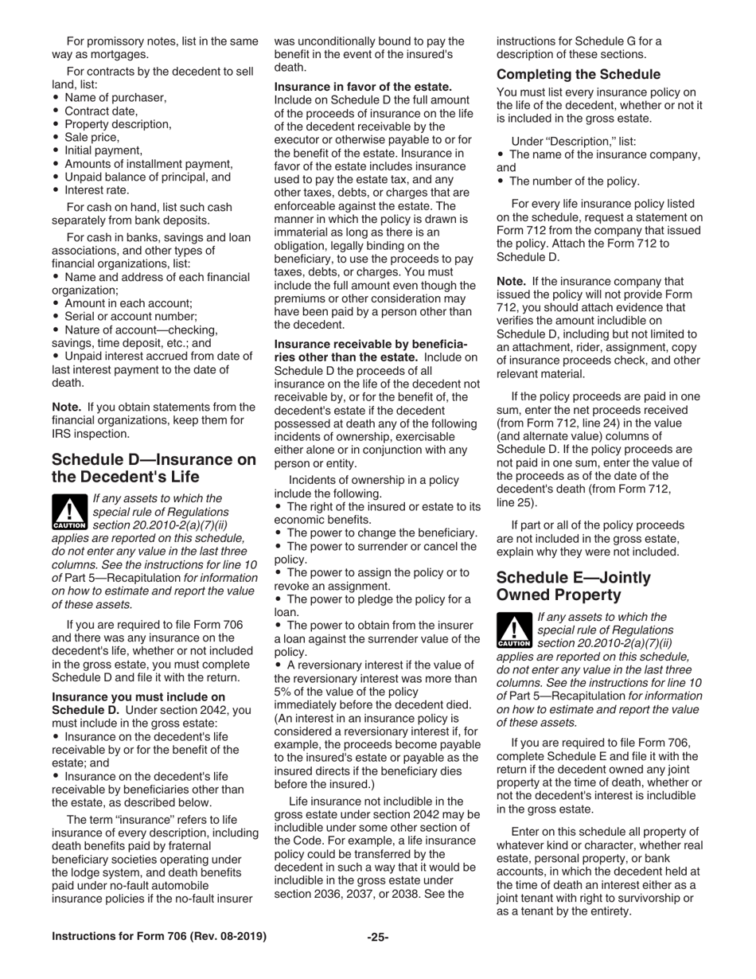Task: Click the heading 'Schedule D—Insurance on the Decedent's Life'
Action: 154,468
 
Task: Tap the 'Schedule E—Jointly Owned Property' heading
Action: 573,586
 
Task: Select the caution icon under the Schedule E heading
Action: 514,630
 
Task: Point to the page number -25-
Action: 377,937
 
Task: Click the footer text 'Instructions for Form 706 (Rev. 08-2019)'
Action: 159,937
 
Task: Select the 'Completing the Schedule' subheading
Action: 578,75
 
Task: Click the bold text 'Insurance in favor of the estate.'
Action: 363,87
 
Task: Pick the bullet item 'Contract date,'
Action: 101,111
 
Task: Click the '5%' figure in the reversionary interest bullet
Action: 286,668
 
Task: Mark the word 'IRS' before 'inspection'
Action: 63,434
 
